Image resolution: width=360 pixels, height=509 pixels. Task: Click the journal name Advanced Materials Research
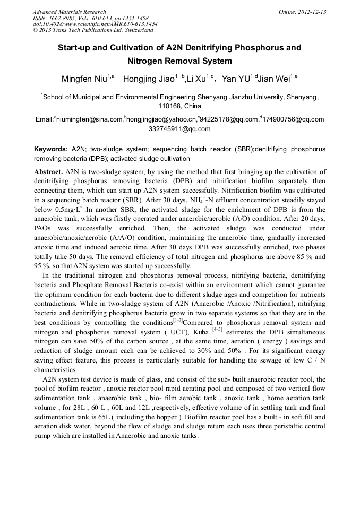coord(70,12)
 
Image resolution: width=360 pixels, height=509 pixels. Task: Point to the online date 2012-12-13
coord(310,12)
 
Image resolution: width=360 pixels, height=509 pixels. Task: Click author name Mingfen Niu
coord(84,79)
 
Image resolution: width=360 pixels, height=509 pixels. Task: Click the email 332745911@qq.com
coord(179,129)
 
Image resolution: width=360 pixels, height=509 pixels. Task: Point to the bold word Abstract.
coord(48,172)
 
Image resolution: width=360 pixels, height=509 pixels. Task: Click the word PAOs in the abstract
coord(44,227)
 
